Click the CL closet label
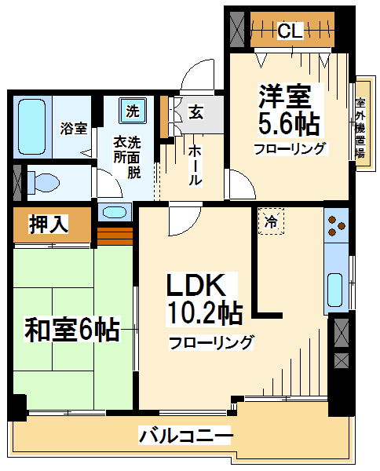[x=290, y=31]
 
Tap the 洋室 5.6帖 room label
[x=289, y=109]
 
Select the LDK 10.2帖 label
[x=204, y=299]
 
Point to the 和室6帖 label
[x=72, y=329]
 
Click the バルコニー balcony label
[x=185, y=435]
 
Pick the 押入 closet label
[x=49, y=224]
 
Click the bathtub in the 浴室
[x=32, y=126]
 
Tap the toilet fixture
[x=43, y=182]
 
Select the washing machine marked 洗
[x=133, y=111]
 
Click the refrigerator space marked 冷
[x=271, y=221]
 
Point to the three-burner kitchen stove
[x=336, y=225]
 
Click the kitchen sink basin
[x=334, y=290]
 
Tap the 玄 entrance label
[x=195, y=112]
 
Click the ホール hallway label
[x=195, y=165]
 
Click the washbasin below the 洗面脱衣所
[x=114, y=212]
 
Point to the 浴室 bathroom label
[x=74, y=129]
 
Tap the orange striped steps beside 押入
[x=115, y=235]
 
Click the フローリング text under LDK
[x=211, y=343]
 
